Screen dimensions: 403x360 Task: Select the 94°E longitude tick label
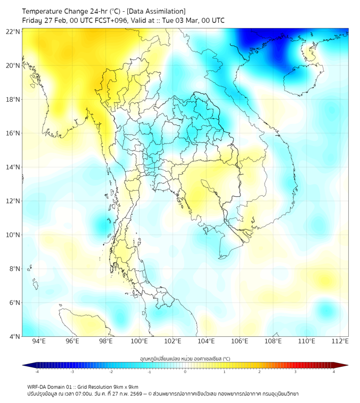39,341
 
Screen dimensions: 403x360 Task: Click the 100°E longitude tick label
139,341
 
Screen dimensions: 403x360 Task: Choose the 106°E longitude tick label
240,341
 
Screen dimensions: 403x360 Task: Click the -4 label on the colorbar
36,372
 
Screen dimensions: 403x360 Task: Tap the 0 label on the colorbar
185,372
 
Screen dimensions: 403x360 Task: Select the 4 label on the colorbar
333,372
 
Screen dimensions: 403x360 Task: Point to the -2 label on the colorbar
110,372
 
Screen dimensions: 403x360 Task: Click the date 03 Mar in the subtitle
192,21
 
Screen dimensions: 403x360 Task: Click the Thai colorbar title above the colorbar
185,358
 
